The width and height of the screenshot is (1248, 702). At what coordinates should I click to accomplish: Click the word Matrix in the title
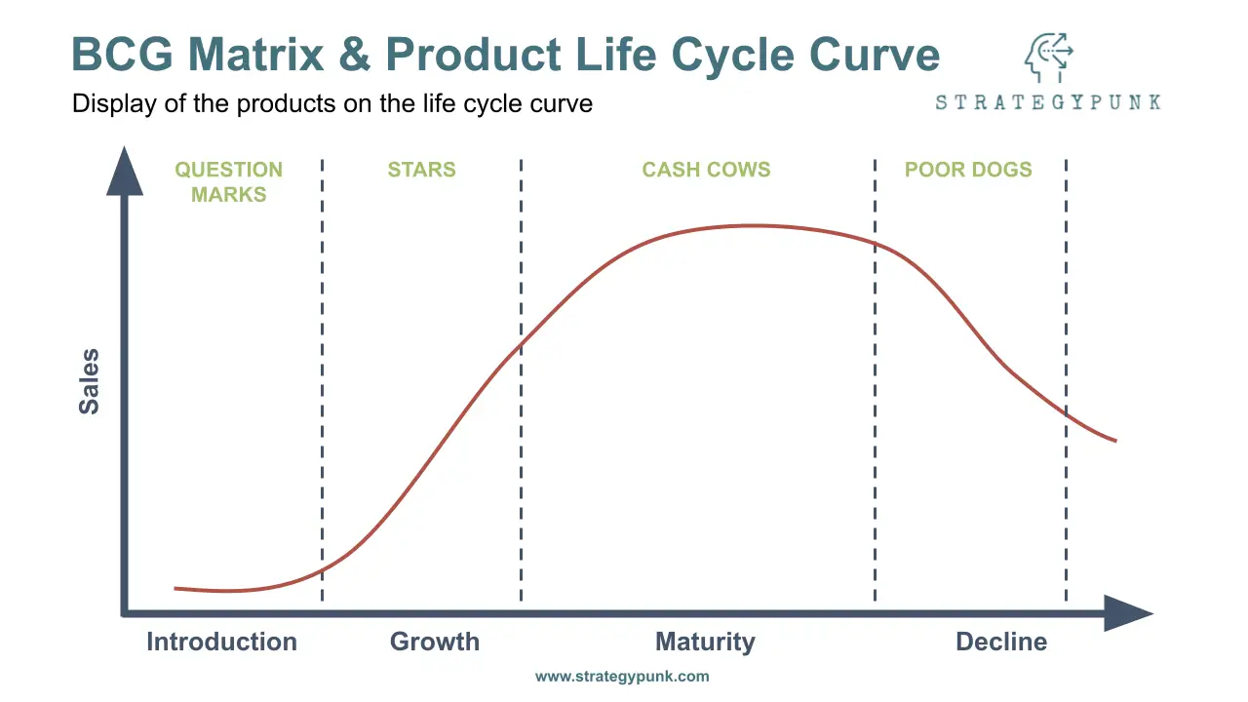click(255, 55)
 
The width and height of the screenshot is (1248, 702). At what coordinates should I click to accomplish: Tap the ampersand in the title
click(354, 55)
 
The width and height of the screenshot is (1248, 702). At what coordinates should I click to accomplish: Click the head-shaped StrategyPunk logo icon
click(1048, 58)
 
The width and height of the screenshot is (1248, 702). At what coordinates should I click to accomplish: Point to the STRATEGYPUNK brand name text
click(1048, 102)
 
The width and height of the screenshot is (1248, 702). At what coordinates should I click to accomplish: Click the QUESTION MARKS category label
click(228, 181)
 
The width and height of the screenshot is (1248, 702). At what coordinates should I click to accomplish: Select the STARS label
click(422, 170)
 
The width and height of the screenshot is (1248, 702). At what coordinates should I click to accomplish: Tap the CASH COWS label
click(706, 170)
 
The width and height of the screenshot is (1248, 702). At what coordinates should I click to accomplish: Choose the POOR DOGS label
click(968, 170)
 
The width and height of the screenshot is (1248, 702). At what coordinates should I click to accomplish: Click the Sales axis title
click(89, 381)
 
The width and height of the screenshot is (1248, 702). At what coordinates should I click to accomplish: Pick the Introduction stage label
click(221, 642)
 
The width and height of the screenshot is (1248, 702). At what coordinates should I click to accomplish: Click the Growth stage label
click(435, 642)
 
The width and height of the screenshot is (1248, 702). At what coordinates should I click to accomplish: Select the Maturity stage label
click(705, 642)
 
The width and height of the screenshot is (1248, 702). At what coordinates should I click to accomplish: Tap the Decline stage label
click(1001, 642)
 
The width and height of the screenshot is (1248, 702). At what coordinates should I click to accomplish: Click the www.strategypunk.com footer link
click(622, 677)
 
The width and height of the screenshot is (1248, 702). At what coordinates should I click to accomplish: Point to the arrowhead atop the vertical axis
click(125, 171)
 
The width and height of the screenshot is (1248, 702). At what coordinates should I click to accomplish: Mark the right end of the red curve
click(1116, 441)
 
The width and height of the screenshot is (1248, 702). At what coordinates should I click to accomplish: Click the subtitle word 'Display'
click(114, 104)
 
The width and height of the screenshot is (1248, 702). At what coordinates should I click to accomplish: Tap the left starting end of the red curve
click(175, 588)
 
